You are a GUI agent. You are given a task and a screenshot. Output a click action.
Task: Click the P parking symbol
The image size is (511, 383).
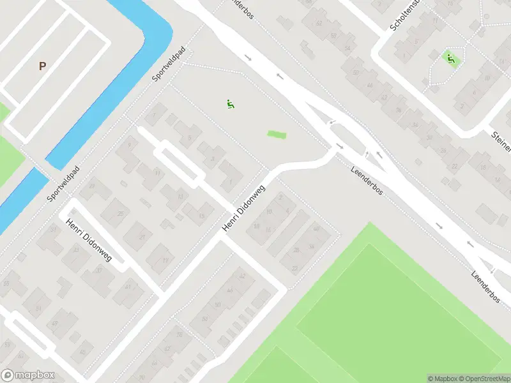click(43, 66)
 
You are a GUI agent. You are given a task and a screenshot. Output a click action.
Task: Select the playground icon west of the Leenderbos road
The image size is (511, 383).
click(230, 103)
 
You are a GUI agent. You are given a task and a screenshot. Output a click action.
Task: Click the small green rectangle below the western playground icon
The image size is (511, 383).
click(277, 134)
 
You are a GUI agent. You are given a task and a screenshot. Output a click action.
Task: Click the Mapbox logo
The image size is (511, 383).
click(27, 375)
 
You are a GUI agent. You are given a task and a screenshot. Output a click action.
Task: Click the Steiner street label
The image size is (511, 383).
click(501, 142)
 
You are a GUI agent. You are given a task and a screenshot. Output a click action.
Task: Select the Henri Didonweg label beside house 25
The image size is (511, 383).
click(88, 239)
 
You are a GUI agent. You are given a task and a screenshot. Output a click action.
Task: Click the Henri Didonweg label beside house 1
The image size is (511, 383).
click(243, 209)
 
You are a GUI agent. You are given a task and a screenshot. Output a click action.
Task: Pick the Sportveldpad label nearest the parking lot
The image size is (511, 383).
click(168, 64)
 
